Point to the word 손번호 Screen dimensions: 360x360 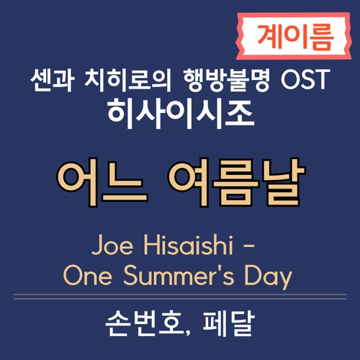(142, 328)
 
